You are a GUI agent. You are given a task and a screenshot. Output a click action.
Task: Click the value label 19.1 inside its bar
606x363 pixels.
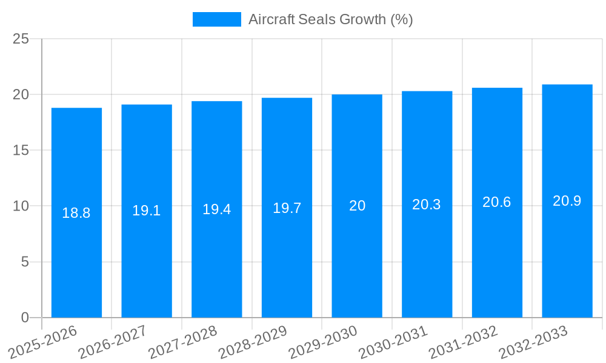coord(147,211)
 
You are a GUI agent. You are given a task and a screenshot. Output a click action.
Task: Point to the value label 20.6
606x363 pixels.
coord(497,202)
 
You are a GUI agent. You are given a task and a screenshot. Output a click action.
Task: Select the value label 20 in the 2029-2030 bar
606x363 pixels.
coord(357,206)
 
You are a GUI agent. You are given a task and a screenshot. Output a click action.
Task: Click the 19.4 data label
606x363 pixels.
coord(216,209)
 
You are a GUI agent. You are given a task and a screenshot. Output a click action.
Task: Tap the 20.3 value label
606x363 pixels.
coord(427,204)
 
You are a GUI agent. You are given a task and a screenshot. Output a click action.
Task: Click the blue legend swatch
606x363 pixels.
coord(216,19)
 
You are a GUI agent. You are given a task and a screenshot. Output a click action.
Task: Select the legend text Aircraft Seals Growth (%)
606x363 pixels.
coord(330,19)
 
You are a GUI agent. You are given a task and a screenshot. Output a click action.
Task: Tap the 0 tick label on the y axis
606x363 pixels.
coord(25,318)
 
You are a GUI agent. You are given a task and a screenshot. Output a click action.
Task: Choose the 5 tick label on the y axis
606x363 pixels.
coord(25,262)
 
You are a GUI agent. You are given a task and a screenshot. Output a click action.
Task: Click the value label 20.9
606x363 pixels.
coord(567,201)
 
